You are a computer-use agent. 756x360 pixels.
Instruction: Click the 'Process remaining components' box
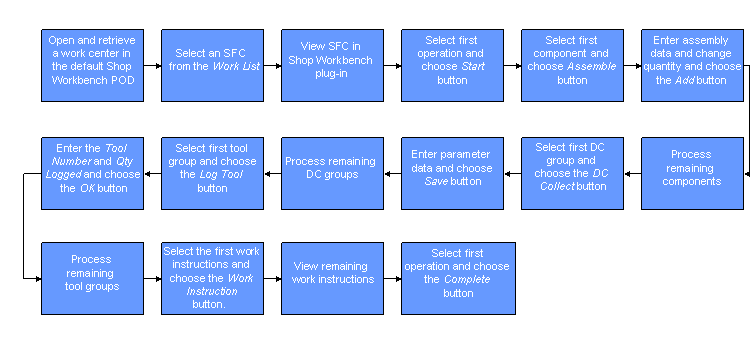click(x=691, y=173)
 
